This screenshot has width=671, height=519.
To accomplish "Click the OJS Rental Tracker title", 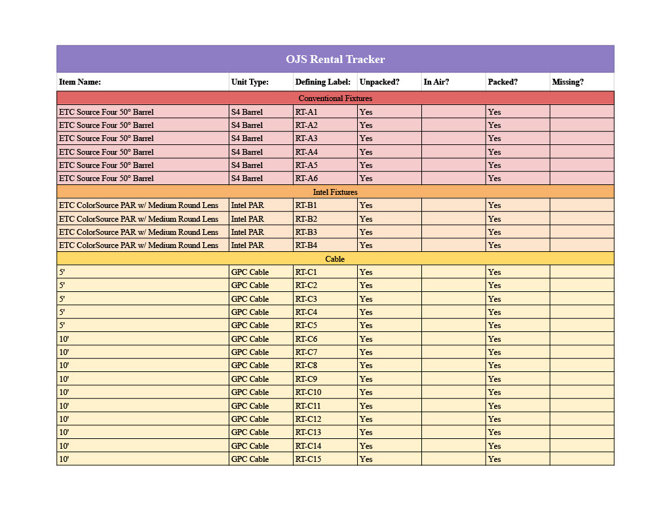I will pyautogui.click(x=335, y=59).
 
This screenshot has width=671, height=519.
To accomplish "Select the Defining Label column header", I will pyautogui.click(x=322, y=82).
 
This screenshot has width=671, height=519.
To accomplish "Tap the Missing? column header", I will pyautogui.click(x=567, y=82).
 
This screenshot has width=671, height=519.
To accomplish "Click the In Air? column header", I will pyautogui.click(x=436, y=82).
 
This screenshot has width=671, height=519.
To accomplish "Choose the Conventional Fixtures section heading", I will pyautogui.click(x=335, y=98).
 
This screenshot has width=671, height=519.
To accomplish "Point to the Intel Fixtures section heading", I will pyautogui.click(x=335, y=192).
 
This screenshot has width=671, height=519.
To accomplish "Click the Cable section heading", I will pyautogui.click(x=335, y=259).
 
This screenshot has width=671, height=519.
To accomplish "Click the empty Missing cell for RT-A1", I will pyautogui.click(x=581, y=112).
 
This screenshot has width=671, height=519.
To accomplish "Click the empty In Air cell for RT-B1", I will pyautogui.click(x=453, y=205).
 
